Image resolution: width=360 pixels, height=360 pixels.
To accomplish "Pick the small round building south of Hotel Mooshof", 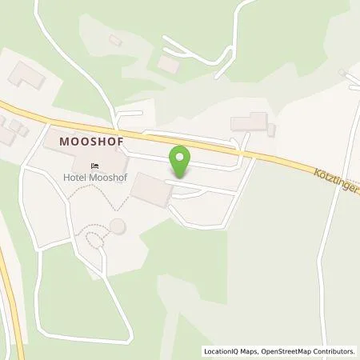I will (x=118, y=226).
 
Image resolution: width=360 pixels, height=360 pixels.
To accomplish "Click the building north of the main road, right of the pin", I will (x=248, y=122).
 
